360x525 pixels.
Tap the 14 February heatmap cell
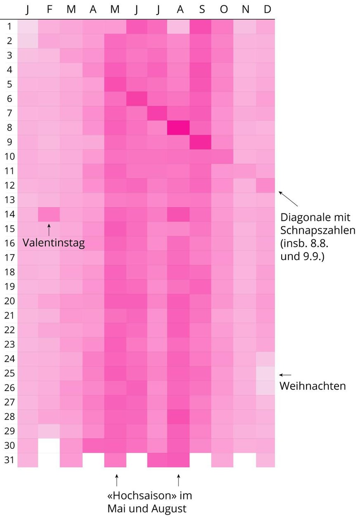point(49,214)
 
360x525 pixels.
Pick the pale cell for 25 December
point(265,373)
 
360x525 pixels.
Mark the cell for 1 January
point(27,26)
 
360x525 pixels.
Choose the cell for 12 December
point(265,185)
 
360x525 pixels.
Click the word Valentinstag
point(54,243)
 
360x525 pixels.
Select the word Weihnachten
point(313,386)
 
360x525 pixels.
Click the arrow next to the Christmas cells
point(285,375)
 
